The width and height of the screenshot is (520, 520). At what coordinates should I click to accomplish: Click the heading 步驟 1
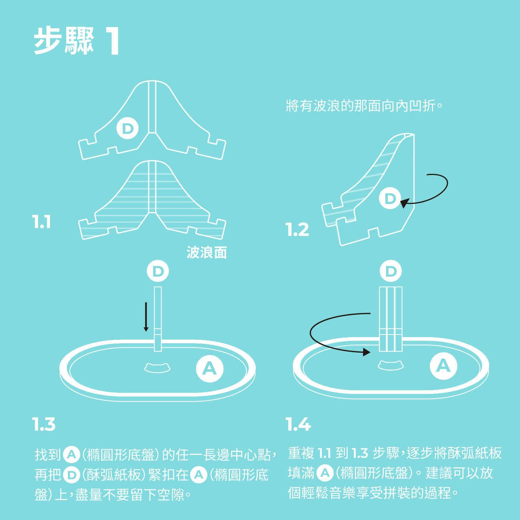pyautogui.click(x=77, y=41)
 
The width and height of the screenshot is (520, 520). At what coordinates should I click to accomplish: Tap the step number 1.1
pyautogui.click(x=41, y=222)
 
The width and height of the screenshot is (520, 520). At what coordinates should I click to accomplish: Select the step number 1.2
pyautogui.click(x=297, y=230)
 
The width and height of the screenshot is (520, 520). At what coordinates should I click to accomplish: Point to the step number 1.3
pyautogui.click(x=44, y=424)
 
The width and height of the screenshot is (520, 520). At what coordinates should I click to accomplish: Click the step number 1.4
pyautogui.click(x=298, y=424)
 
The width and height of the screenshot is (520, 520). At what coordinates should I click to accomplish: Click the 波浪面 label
pyautogui.click(x=207, y=252)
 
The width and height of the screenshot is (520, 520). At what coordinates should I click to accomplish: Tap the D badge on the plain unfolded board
pyautogui.click(x=128, y=128)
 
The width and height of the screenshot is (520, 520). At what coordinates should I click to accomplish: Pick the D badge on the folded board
pyautogui.click(x=390, y=198)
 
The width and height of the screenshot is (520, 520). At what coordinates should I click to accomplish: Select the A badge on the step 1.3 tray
pyautogui.click(x=210, y=368)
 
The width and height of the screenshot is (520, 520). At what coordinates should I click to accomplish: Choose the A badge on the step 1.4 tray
pyautogui.click(x=443, y=365)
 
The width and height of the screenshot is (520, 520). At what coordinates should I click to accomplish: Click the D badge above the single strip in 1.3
pyautogui.click(x=158, y=271)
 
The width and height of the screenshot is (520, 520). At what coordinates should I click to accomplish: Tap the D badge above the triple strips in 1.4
pyautogui.click(x=391, y=271)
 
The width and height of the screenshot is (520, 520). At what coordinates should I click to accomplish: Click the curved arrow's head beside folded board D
pyautogui.click(x=403, y=204)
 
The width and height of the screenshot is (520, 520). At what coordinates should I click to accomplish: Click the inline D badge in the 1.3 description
pyautogui.click(x=71, y=475)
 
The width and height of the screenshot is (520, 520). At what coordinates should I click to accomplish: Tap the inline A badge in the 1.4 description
pyautogui.click(x=325, y=473)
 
